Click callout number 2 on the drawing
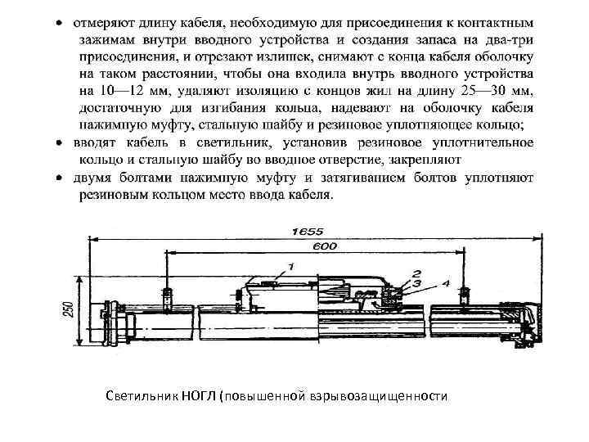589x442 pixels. click(x=416, y=273)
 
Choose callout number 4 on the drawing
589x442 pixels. click(x=445, y=283)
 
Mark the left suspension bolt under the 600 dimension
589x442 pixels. click(x=168, y=295)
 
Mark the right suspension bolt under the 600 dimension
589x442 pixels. click(x=465, y=295)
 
